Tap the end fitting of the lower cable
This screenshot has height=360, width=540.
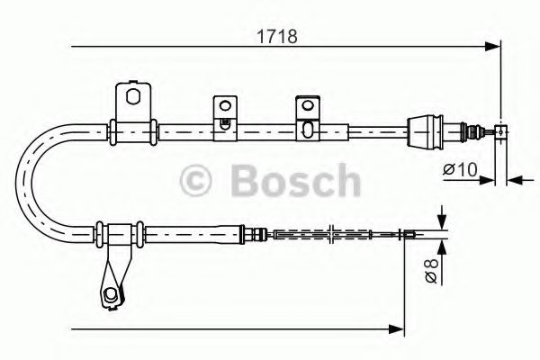(x=409, y=236)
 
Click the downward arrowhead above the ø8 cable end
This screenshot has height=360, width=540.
(x=441, y=225)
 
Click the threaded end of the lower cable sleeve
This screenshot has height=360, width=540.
(x=260, y=236)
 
